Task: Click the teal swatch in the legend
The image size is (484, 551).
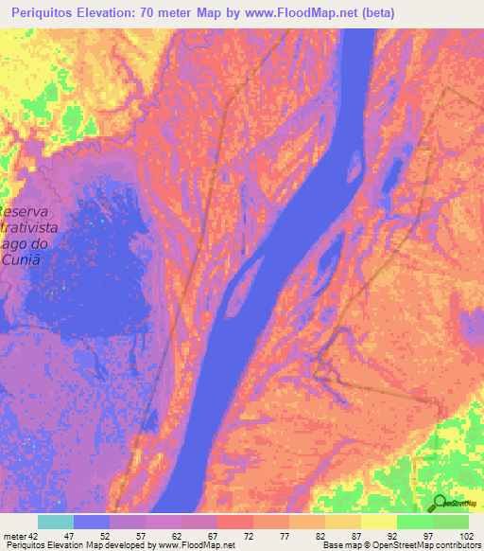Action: pyautogui.click(x=56, y=522)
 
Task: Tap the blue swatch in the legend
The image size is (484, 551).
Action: pyautogui.click(x=92, y=522)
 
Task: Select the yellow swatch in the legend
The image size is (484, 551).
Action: pyautogui.click(x=379, y=522)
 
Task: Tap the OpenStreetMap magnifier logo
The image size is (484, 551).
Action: pyautogui.click(x=438, y=504)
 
